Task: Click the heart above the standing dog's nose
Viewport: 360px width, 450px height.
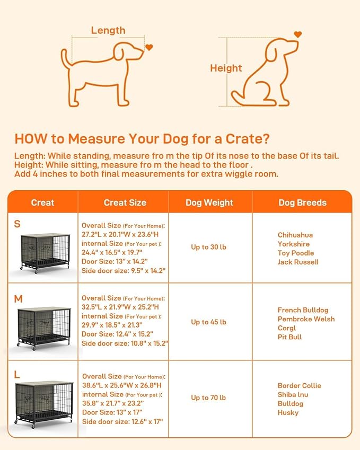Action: click(x=149, y=47)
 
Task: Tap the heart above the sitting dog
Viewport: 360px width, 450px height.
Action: click(x=298, y=34)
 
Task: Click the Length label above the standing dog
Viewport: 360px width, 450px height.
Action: click(x=108, y=30)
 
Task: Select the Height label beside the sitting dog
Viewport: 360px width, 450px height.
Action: click(x=226, y=68)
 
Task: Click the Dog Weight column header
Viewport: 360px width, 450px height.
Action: click(x=209, y=202)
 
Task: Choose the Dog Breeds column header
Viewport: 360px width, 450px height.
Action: click(x=302, y=202)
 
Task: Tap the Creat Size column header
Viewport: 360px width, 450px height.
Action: click(x=125, y=202)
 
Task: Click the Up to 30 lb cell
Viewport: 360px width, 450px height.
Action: click(x=208, y=247)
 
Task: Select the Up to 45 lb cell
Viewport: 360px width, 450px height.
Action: click(x=208, y=322)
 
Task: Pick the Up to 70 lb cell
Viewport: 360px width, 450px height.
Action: click(x=208, y=398)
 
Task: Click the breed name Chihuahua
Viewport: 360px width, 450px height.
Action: click(x=295, y=235)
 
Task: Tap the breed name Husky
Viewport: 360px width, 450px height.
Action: click(x=288, y=412)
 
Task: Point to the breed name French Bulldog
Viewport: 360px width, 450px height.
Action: click(x=303, y=310)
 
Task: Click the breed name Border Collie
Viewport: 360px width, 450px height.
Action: click(x=299, y=385)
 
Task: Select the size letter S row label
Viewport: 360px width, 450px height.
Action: click(x=17, y=224)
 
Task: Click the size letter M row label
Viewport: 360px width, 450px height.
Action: click(x=18, y=299)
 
